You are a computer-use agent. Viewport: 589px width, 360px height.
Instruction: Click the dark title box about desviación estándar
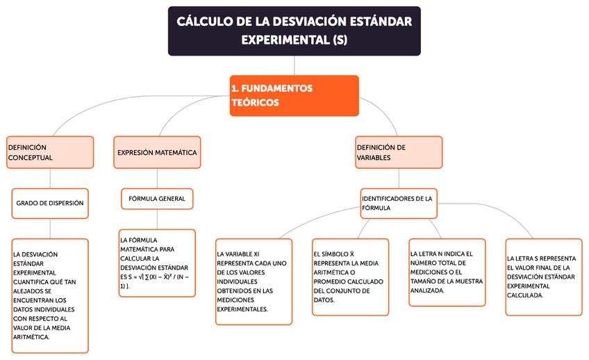coord(294,31)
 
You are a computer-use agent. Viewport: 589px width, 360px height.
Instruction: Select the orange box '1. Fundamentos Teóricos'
coord(294,96)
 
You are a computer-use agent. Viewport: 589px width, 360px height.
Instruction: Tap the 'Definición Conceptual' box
coord(50,152)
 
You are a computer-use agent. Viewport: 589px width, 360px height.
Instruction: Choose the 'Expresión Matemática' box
coord(157,152)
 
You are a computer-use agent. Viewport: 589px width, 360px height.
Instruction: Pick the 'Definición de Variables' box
coord(399,152)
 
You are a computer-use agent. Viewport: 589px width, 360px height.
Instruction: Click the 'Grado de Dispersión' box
coord(50,204)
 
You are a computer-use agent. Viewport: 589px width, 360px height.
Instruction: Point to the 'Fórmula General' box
coord(157,199)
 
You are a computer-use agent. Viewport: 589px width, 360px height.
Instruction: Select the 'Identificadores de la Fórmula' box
coord(399,203)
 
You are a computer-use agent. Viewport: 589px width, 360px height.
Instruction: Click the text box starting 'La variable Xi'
coord(254,281)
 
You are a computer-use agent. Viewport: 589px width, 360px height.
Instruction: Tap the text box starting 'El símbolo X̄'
coord(350,277)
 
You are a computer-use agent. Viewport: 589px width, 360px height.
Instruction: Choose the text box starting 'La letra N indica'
coord(447,272)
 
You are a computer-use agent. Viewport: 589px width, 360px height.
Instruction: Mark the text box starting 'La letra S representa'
coord(543,277)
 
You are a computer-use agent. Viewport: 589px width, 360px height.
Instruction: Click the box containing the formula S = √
coord(157,263)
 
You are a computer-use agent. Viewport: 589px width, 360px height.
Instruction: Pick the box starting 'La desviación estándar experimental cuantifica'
coord(50,295)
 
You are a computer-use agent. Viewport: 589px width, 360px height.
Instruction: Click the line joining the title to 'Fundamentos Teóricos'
coord(294,65)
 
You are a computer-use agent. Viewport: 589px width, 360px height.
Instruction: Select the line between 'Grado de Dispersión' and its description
coord(50,229)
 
